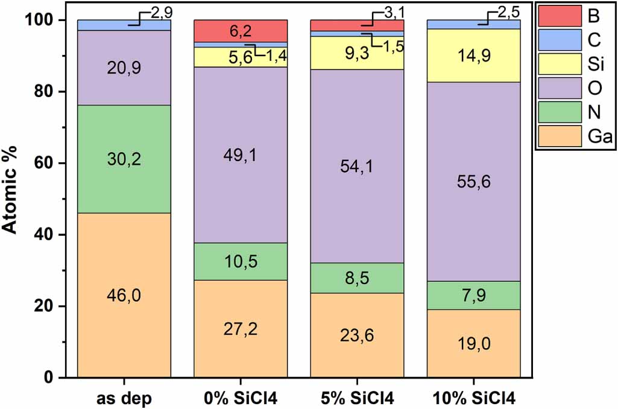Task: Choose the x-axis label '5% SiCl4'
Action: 357,399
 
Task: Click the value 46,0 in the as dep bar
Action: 124,296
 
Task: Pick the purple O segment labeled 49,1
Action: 240,154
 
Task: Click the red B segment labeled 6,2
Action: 240,31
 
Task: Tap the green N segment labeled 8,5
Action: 357,278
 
